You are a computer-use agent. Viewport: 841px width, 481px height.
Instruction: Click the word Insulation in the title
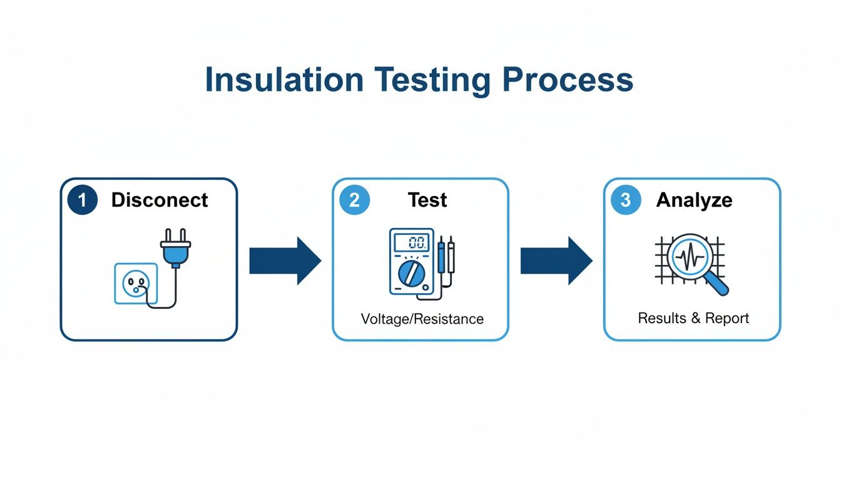coord(284,81)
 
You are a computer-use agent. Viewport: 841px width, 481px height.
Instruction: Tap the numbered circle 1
coord(82,200)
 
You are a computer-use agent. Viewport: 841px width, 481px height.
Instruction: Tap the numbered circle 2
coord(354,200)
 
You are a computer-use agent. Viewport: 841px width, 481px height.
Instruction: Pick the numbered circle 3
coord(626,200)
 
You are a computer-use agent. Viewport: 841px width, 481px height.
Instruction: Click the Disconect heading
coord(160,200)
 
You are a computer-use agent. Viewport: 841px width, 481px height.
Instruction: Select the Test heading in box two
coord(427,200)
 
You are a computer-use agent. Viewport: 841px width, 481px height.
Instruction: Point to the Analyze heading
coord(693,200)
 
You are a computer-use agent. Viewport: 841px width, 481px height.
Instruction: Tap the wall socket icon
coord(135,283)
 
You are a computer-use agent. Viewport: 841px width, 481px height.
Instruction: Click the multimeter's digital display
coord(412,243)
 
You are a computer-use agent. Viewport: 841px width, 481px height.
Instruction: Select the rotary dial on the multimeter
coord(410,273)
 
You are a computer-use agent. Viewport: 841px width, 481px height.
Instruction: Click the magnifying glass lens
coord(688,256)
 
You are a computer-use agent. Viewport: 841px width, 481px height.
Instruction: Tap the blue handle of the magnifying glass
coord(718,286)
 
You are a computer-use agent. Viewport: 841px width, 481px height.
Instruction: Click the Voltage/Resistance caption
coord(422,319)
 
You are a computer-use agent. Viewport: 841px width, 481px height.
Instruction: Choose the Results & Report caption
coord(693,318)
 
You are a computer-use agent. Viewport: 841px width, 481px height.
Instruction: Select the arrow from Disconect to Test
coord(285,261)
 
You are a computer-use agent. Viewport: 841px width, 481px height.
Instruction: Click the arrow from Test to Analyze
coord(556,261)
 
